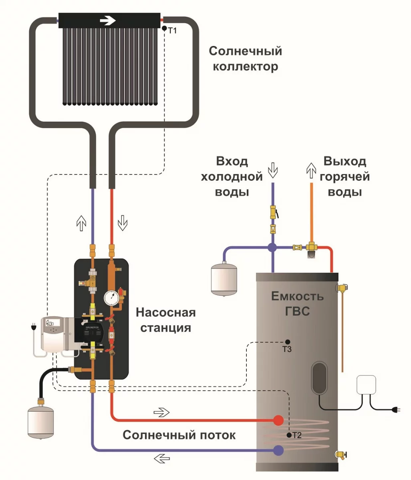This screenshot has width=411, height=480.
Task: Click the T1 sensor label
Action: [x=172, y=31]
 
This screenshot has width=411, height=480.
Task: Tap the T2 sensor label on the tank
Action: [x=296, y=436]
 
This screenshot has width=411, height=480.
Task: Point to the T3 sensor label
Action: [x=287, y=349]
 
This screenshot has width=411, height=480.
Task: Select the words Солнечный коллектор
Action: [x=245, y=58]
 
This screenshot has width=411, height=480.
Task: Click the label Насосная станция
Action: [x=165, y=320]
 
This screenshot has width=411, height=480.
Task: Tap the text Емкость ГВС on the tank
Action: [x=297, y=303]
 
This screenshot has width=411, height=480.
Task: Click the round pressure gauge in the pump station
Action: [x=112, y=297]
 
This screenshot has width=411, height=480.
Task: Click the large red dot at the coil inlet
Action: [x=278, y=420]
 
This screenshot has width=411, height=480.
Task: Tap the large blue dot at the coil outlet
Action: [x=278, y=450]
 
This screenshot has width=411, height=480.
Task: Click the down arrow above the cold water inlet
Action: [x=273, y=170]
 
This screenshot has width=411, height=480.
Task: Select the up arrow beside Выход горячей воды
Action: [x=311, y=170]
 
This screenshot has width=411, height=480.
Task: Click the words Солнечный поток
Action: [x=179, y=435]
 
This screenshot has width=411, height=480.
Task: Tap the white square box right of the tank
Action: [x=366, y=385]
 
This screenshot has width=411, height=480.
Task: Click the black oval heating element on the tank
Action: [x=319, y=378]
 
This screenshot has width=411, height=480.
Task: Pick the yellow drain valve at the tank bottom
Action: [x=341, y=454]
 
